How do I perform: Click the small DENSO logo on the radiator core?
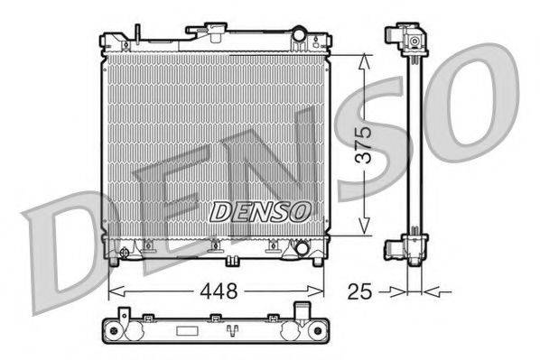coord(260,211)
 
